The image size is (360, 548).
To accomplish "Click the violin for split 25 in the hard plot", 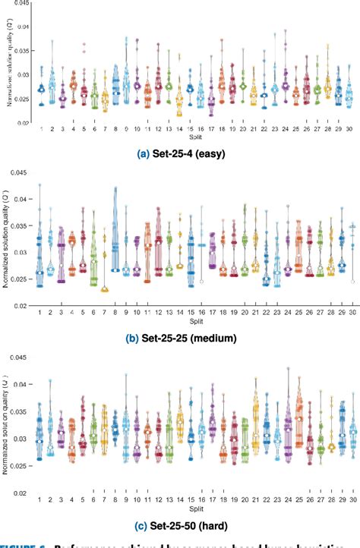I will [x=299, y=425].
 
